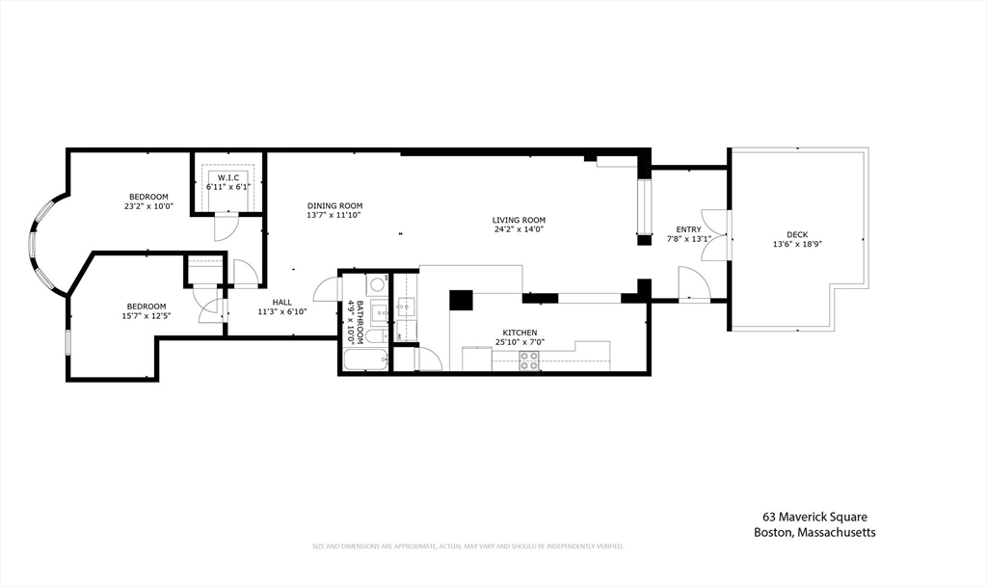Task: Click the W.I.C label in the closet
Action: pyautogui.click(x=228, y=177)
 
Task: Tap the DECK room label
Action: pyautogui.click(x=797, y=234)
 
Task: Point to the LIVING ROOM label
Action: pyautogui.click(x=520, y=220)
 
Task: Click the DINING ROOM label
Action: pyautogui.click(x=334, y=205)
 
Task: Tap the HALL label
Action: pyautogui.click(x=281, y=302)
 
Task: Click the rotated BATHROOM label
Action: pyautogui.click(x=360, y=322)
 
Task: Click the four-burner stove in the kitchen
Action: pyautogui.click(x=529, y=360)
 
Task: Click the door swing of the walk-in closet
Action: pyautogui.click(x=225, y=228)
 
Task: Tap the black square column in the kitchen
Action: pyautogui.click(x=461, y=299)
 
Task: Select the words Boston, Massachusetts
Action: pyautogui.click(x=814, y=533)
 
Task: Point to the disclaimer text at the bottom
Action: pyautogui.click(x=467, y=547)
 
